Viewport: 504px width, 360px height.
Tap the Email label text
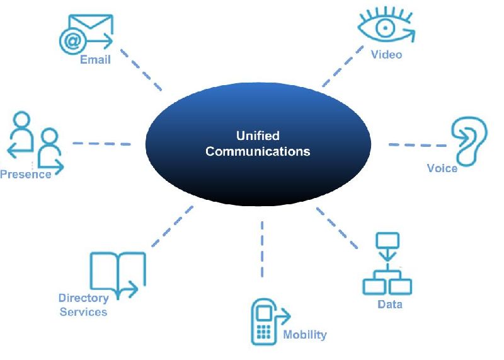[x=95, y=60]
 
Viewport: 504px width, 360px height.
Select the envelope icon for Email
[x=86, y=33]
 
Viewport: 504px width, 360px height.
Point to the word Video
[x=386, y=54]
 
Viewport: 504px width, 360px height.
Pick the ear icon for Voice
[x=469, y=139]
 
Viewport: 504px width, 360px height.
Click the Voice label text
[x=442, y=168]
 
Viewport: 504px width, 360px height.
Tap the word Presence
[x=26, y=174]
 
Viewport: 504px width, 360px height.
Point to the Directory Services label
[x=83, y=305]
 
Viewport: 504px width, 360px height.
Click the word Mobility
[x=305, y=334]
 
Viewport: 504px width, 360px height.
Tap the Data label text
[x=389, y=305]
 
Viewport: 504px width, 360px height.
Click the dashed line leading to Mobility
[x=261, y=249]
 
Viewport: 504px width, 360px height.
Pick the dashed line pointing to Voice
[x=413, y=145]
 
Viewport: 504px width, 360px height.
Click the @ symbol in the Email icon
[x=70, y=42]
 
